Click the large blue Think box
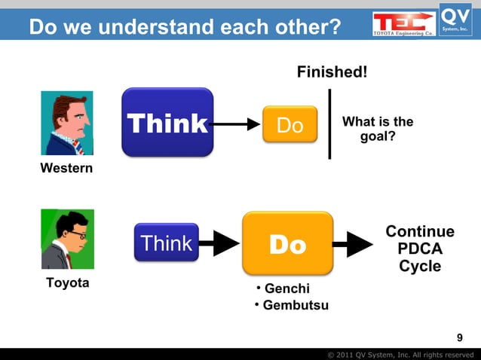[x=167, y=123]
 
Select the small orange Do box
[x=290, y=124]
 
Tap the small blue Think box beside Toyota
[x=167, y=243]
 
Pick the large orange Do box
[x=287, y=243]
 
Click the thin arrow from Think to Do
[x=235, y=124]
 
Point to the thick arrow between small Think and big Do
[x=219, y=243]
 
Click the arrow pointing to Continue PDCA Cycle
[x=352, y=243]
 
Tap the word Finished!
[x=332, y=72]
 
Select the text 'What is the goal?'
[x=378, y=130]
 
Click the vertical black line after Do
[x=329, y=124]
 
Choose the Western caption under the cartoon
[x=66, y=168]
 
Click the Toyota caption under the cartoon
[x=67, y=283]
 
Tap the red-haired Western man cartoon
[x=67, y=123]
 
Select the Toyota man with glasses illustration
[x=67, y=239]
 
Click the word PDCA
[x=420, y=249]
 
